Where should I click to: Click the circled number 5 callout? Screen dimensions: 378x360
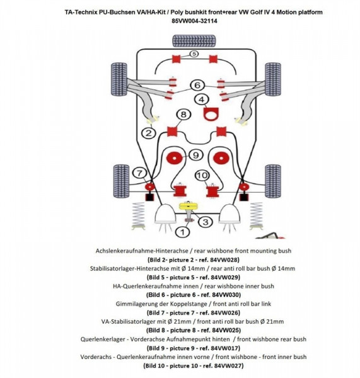click(194, 55)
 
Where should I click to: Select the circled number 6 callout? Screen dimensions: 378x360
click(197, 85)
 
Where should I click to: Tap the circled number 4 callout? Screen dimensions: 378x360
click(201, 100)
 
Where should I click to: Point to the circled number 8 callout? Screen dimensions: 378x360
click(183, 114)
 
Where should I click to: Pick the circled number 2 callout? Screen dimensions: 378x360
click(149, 133)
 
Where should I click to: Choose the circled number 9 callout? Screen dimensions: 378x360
click(195, 155)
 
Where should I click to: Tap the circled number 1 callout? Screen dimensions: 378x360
click(183, 232)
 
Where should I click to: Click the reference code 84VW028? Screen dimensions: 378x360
click(221, 259)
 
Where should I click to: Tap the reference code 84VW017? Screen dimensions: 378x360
click(221, 347)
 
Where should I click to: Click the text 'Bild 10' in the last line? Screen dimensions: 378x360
click(156, 365)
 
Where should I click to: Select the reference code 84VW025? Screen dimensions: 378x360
click(221, 329)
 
